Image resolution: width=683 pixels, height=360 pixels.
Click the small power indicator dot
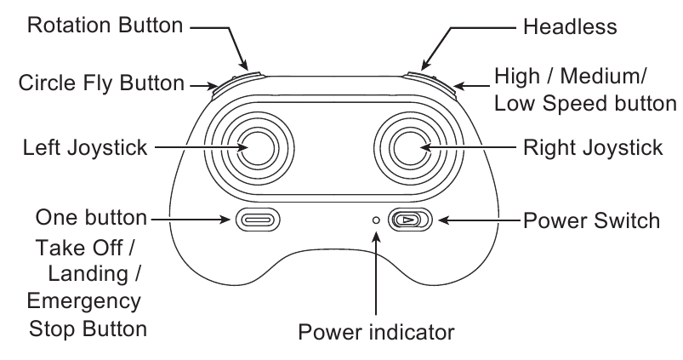376,220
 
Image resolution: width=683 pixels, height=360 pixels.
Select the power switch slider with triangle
409,220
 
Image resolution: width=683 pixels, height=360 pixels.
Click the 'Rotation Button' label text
105,26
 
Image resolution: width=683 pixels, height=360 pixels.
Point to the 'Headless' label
570,26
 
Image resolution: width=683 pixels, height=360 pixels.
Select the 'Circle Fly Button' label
101,83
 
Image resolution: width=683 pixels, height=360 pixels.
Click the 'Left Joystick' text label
85,147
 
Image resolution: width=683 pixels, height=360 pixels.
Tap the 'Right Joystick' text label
593,147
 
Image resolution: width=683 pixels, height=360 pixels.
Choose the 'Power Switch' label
591,220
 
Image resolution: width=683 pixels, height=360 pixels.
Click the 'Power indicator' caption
376,333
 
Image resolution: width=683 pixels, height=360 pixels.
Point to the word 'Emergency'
84,301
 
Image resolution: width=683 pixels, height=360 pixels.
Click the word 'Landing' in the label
88,274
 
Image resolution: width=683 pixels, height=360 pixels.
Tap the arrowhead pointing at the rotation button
244,65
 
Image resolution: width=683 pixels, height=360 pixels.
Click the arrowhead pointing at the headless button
424,65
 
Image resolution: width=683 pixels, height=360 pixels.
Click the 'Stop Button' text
88,329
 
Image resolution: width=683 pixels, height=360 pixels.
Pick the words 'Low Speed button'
585,104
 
